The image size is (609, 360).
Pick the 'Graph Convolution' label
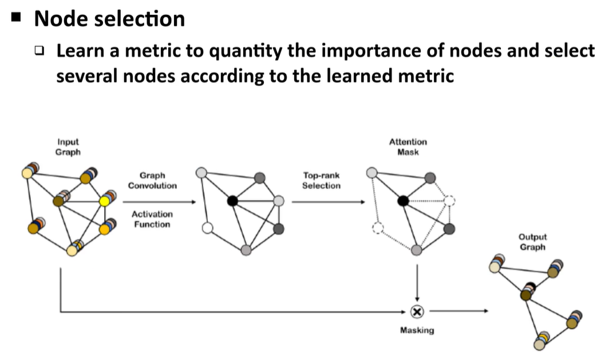coord(152,181)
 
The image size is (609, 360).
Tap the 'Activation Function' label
coord(152,219)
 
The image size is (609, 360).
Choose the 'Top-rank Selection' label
coord(321,181)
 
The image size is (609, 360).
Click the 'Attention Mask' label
coord(408,147)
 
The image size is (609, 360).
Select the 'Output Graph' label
coord(532,242)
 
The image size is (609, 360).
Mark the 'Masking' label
coord(417,330)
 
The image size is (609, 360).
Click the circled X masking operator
coord(417,311)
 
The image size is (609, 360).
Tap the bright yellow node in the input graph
coord(105,201)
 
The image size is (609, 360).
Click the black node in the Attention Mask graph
coord(403,201)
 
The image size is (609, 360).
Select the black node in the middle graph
coord(232,201)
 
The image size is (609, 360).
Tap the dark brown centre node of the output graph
coord(526,295)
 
